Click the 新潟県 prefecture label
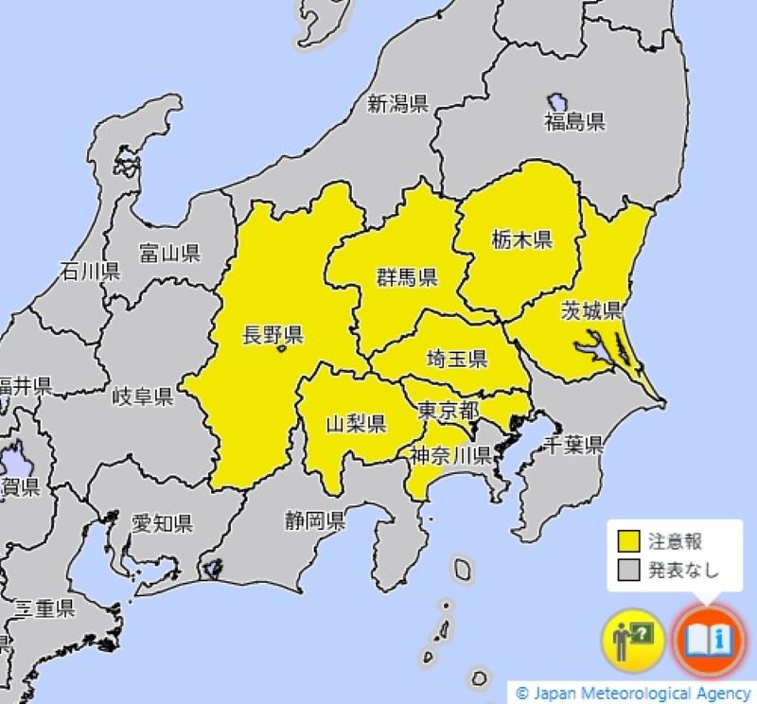(397, 104)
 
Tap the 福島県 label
(573, 121)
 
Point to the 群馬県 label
(406, 276)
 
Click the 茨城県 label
(590, 309)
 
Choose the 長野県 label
(273, 334)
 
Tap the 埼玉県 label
(456, 358)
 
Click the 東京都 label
(448, 411)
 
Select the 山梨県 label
(356, 423)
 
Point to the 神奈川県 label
(450, 455)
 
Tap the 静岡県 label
(314, 519)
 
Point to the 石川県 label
(90, 273)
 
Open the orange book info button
(710, 641)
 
